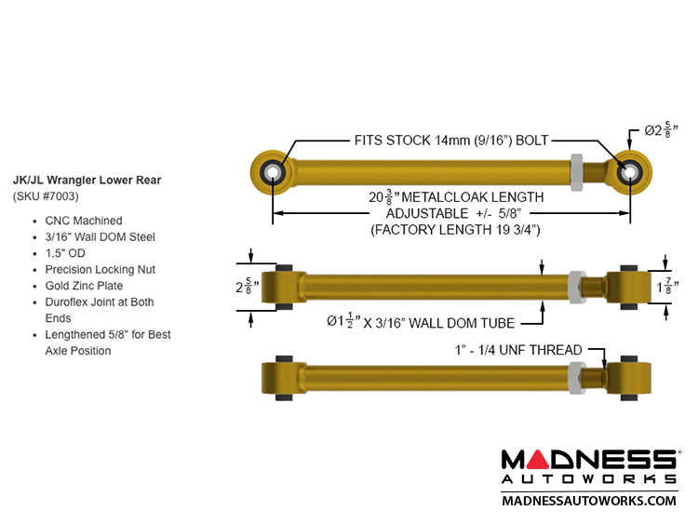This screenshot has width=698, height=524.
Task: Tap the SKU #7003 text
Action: (x=46, y=196)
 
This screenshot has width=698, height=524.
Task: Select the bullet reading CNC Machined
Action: (x=83, y=221)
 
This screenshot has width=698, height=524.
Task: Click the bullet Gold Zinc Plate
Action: (x=84, y=286)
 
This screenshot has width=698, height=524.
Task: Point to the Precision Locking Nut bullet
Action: (x=100, y=269)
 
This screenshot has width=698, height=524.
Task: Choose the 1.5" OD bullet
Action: (x=65, y=253)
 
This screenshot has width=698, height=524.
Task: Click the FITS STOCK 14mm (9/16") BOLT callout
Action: (x=450, y=141)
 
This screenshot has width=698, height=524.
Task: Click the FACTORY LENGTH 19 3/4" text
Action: (x=455, y=229)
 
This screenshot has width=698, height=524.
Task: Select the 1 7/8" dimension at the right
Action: (x=664, y=287)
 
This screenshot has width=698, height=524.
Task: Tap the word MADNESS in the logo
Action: (x=588, y=460)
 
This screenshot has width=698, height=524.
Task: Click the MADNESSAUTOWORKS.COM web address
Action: (x=588, y=500)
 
